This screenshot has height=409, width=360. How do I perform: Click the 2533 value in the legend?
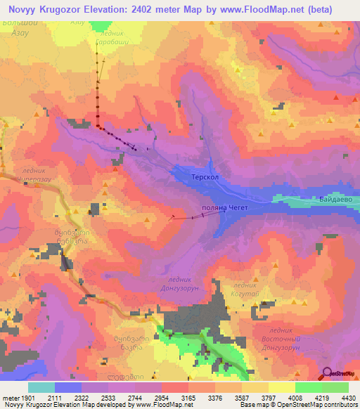click(x=108, y=398)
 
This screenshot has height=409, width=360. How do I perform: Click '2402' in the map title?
click(x=156, y=10)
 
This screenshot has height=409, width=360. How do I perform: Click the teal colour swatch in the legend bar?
click(x=41, y=387)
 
